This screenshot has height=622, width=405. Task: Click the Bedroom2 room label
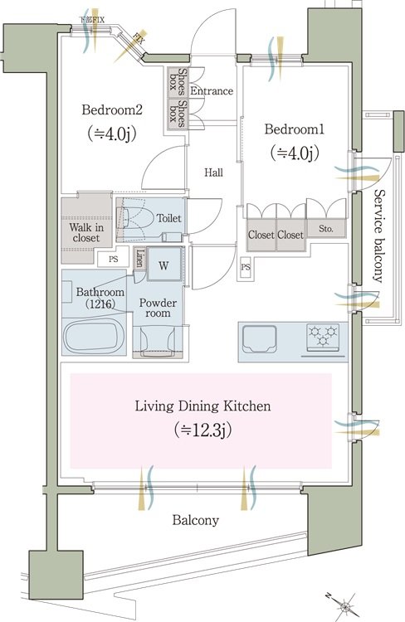point(111,109)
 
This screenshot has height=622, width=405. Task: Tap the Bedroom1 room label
point(295,129)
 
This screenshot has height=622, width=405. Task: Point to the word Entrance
point(212,91)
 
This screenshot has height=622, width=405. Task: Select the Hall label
point(213,173)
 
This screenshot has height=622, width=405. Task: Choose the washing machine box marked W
point(163,265)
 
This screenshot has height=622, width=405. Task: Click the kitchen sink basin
point(260,338)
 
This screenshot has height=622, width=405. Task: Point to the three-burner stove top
point(323,338)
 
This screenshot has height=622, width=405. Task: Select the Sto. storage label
point(326,229)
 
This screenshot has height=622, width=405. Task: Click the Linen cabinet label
point(139,257)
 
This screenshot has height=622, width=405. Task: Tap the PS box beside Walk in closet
point(113,260)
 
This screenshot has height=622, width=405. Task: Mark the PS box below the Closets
point(246,267)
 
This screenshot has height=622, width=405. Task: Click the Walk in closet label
point(86,232)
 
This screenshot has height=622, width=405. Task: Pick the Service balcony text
point(378,236)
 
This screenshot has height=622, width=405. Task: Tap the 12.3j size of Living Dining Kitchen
point(202,430)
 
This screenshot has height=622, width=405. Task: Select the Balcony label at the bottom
point(195,520)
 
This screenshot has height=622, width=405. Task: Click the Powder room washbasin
point(158,341)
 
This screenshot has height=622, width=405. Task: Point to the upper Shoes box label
point(178,82)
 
